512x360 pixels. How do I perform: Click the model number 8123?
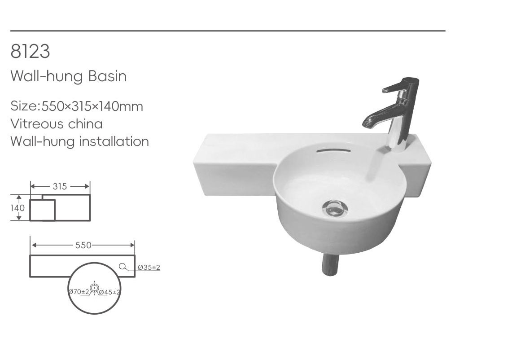[30, 51]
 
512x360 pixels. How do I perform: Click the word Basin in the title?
[107, 76]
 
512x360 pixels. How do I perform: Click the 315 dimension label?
[60, 187]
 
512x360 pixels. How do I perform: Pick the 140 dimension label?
[18, 208]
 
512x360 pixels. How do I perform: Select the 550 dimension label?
[83, 245]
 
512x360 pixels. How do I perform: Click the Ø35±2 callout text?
[149, 268]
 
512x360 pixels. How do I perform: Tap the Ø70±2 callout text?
[79, 292]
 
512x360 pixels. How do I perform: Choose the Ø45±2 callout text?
[109, 292]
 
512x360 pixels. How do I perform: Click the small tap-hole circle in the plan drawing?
[123, 267]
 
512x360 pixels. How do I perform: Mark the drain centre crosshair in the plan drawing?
[94, 288]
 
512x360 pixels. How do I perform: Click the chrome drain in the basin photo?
[335, 208]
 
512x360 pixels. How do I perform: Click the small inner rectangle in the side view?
[42, 210]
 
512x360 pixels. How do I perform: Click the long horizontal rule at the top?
[228, 31]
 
